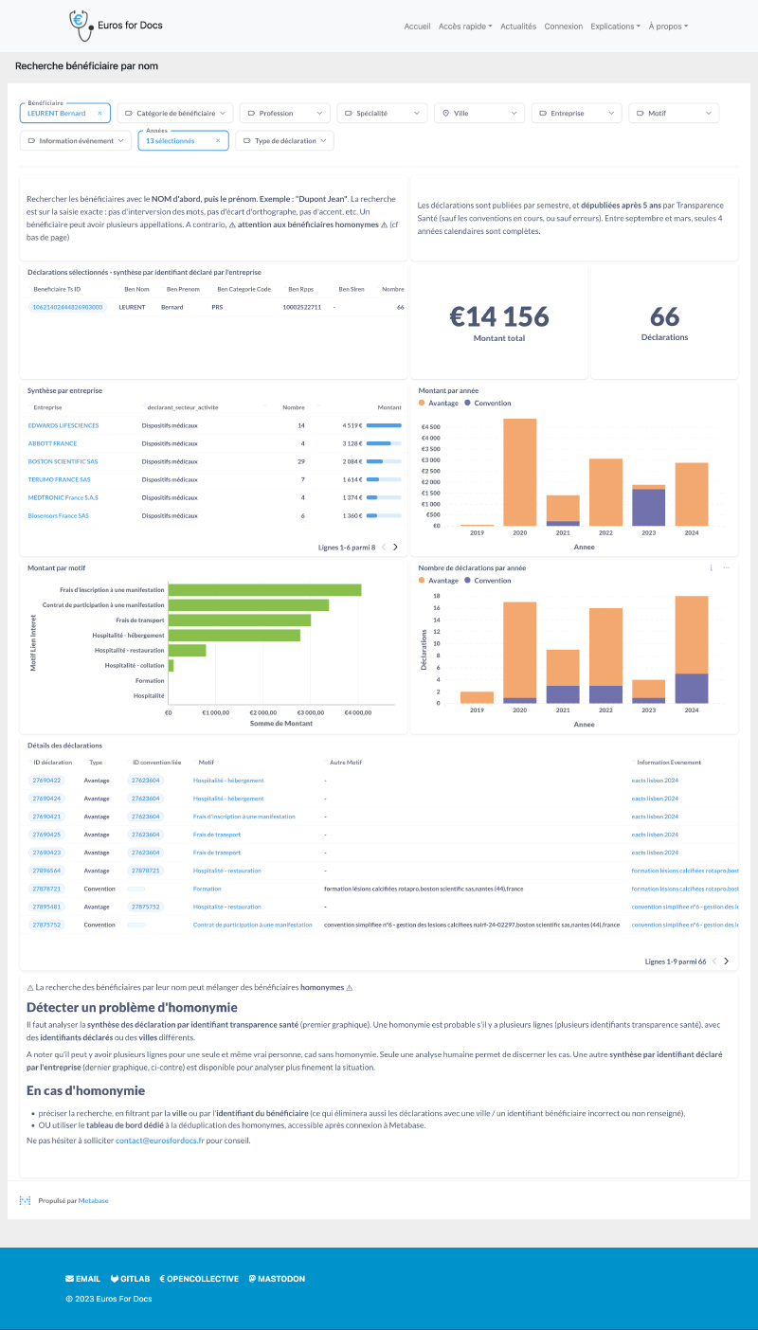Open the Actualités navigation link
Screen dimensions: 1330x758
click(x=518, y=27)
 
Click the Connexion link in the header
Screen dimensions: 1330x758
click(x=564, y=27)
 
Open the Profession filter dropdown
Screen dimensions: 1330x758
click(x=284, y=113)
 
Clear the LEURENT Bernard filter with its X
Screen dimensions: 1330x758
click(x=99, y=113)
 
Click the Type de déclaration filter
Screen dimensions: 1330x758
click(x=284, y=140)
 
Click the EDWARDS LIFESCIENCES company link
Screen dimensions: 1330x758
click(x=63, y=425)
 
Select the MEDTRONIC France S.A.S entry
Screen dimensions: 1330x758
click(x=63, y=497)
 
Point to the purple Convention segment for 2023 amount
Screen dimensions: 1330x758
click(x=649, y=507)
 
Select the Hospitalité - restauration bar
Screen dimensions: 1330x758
click(x=187, y=650)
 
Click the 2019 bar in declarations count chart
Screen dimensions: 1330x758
click(x=477, y=697)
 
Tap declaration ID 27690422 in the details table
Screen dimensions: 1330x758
click(x=46, y=781)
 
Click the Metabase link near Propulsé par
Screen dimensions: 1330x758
click(x=93, y=1200)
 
